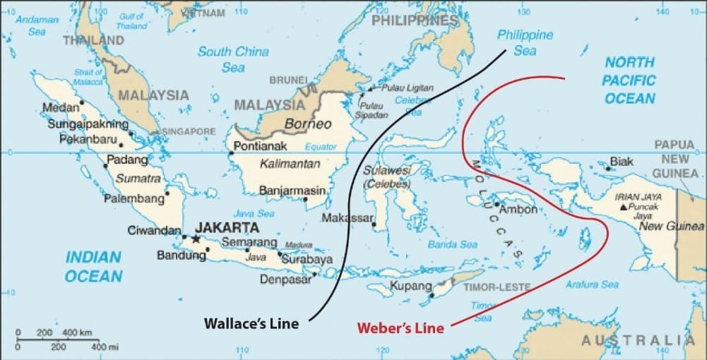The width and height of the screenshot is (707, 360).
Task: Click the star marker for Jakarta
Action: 196,239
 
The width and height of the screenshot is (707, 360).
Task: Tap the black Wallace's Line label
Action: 251,323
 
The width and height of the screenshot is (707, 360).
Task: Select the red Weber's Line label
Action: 400,328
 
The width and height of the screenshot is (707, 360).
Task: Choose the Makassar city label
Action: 347,218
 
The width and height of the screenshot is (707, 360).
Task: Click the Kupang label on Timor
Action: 409,286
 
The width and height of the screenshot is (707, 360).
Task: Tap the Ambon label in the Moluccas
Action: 518,210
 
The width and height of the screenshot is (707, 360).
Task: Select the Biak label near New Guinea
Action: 622,162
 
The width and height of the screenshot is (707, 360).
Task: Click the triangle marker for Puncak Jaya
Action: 622,208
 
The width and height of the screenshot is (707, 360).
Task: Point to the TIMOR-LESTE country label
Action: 493,288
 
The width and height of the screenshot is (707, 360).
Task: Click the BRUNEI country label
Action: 288,80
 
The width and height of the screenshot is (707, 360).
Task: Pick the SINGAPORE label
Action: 189,132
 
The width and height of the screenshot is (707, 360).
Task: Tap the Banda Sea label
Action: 452,245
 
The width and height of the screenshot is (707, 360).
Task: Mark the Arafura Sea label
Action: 592,284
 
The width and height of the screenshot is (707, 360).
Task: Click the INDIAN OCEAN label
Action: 94,266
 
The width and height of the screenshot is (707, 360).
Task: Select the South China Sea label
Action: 233,59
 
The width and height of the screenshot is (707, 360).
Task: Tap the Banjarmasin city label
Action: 292,191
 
